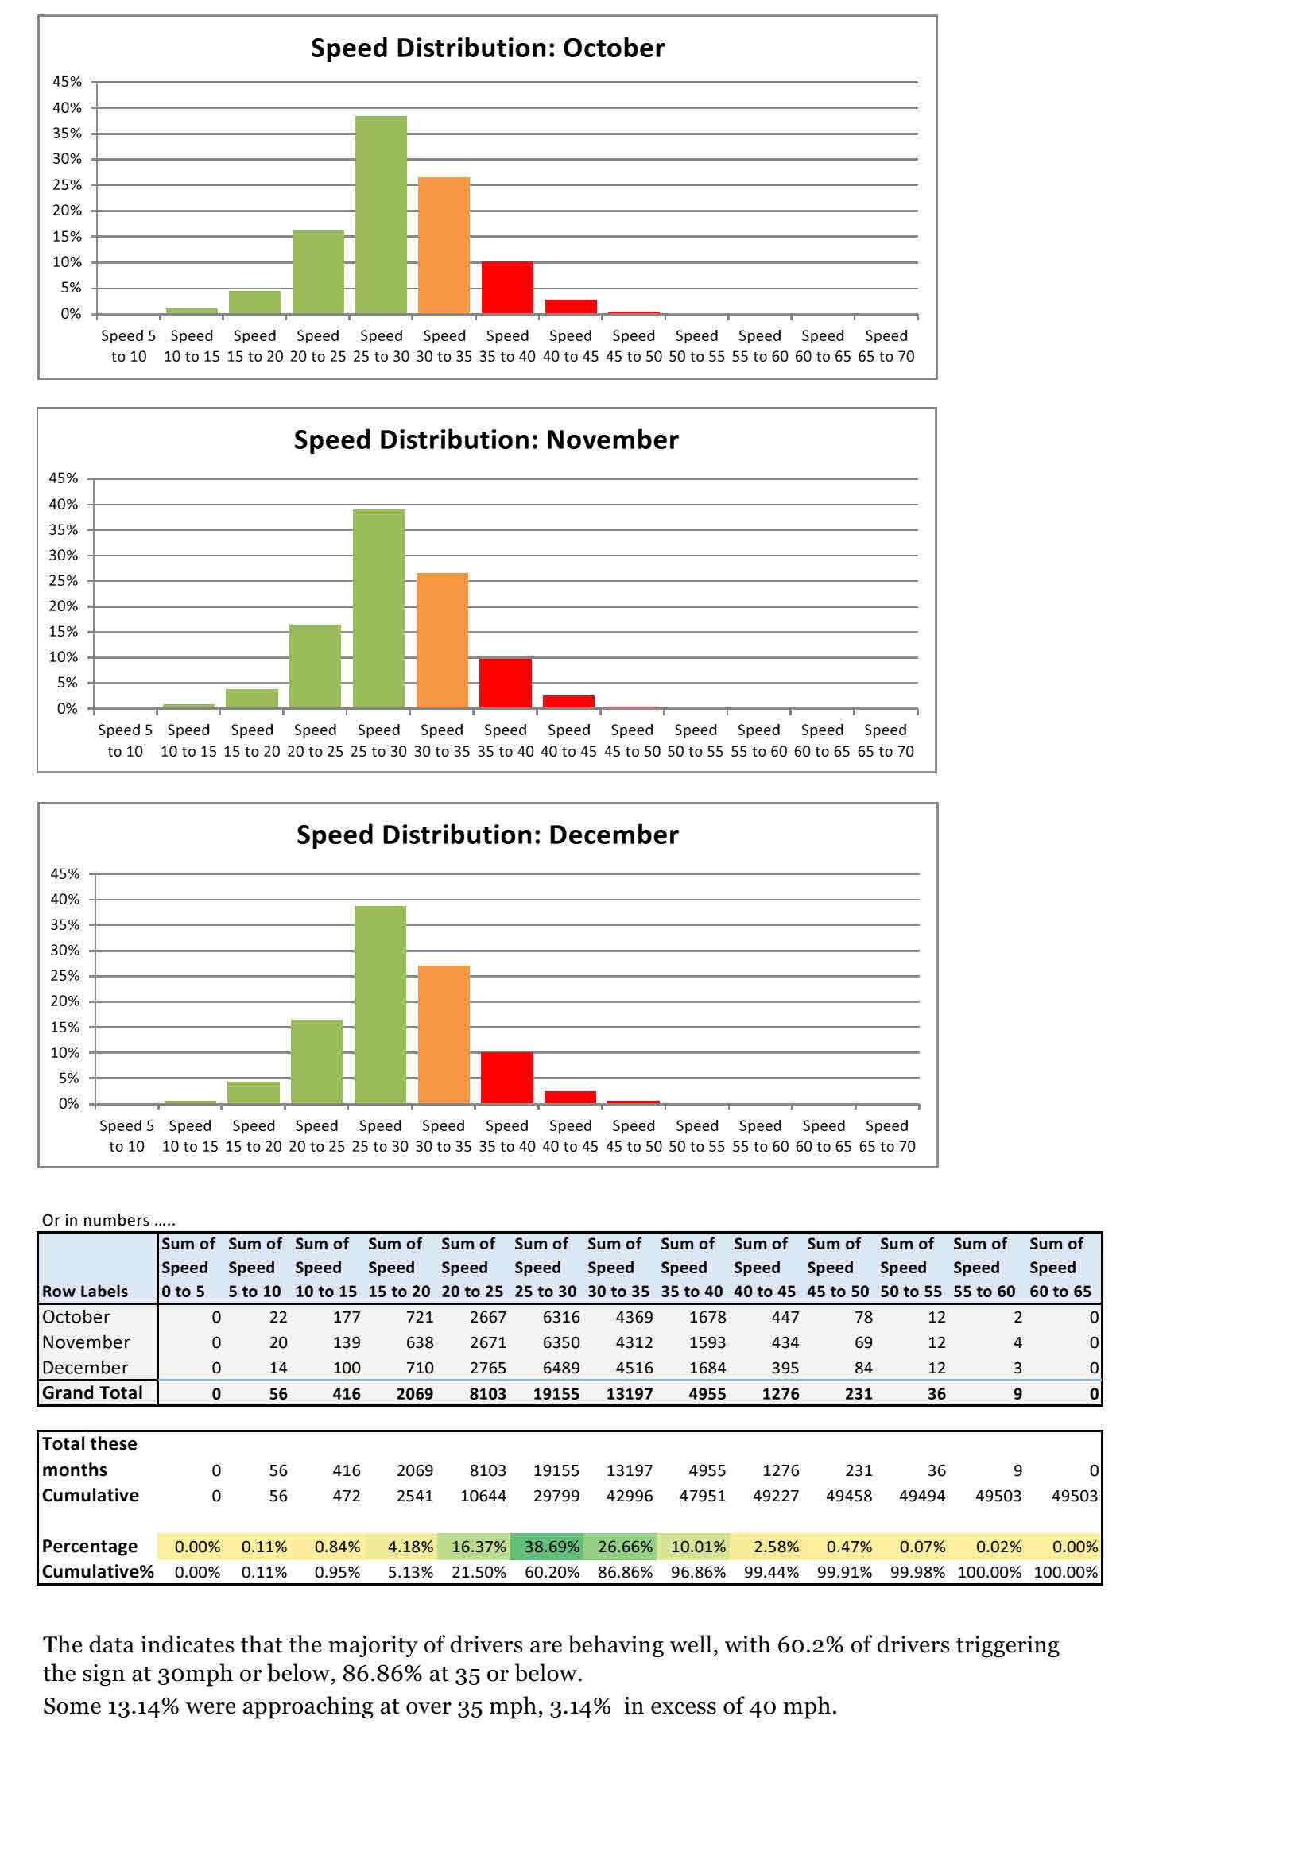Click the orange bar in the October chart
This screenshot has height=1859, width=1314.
444,246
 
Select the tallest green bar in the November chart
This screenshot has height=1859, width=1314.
378,609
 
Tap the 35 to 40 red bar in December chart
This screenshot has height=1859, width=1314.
507,1078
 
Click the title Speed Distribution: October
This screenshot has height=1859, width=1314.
487,48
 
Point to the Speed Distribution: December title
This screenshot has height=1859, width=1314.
487,835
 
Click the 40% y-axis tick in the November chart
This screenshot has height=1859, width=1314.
63,505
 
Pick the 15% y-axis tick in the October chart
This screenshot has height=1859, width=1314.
67,236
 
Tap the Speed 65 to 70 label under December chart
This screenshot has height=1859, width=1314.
886,1136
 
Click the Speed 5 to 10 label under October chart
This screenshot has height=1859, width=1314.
128,346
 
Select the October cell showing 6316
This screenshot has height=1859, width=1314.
560,1317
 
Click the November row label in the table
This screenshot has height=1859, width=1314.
86,1342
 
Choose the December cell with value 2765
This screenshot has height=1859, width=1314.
487,1368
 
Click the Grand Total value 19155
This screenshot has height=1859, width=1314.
556,1393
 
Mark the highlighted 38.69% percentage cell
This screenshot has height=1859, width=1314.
552,1547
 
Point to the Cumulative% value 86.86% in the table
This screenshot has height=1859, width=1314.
624,1571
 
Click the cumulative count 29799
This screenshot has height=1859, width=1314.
556,1496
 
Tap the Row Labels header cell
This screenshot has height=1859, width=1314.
85,1292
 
